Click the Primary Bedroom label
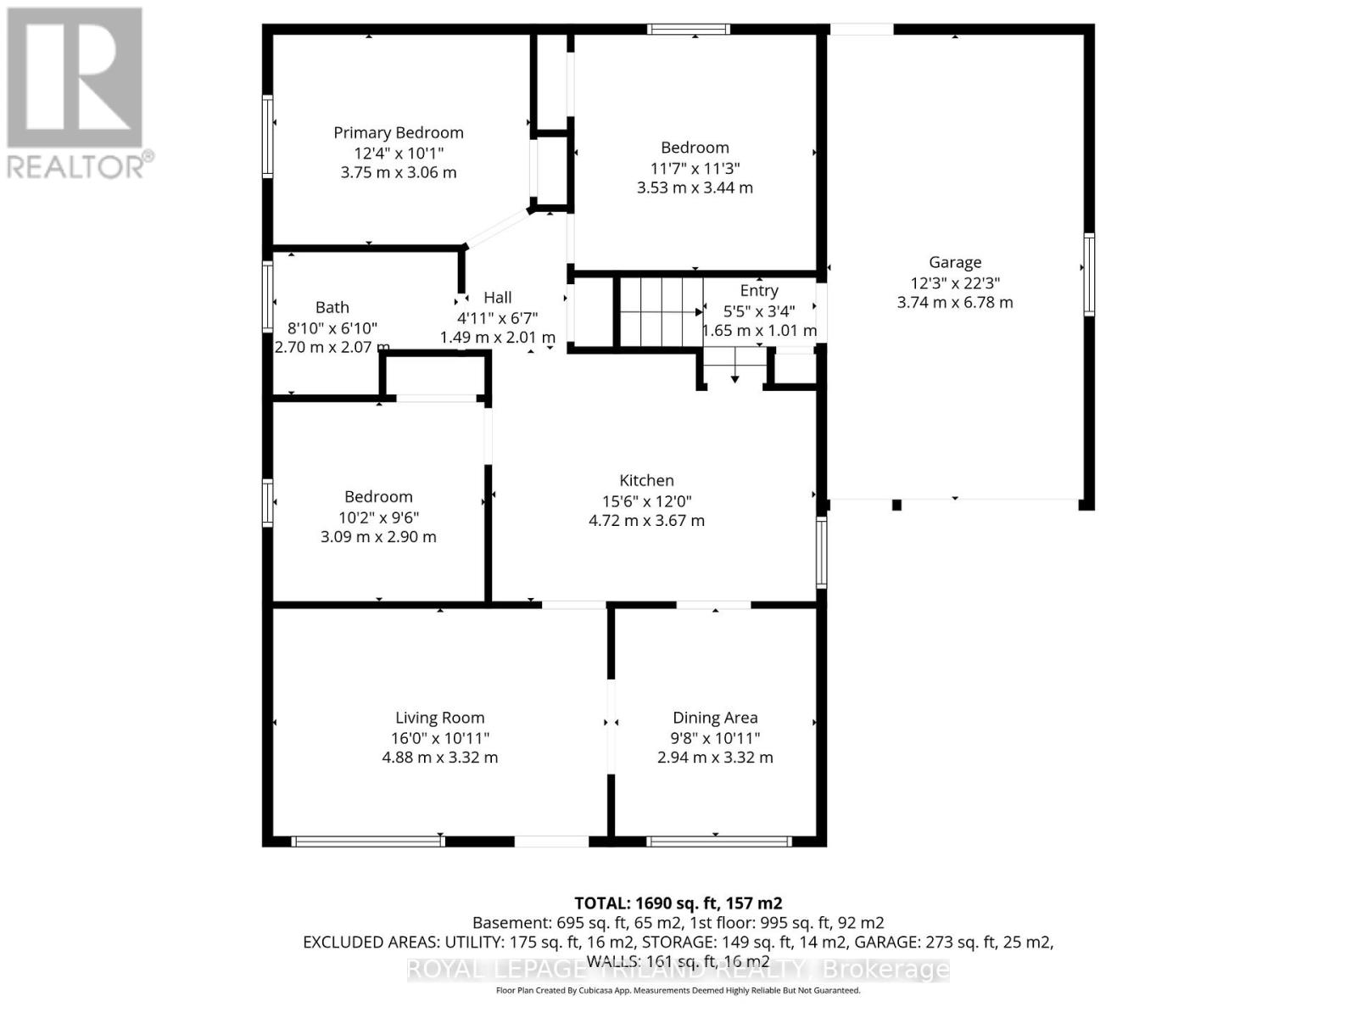pos(398,132)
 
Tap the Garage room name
pos(955,262)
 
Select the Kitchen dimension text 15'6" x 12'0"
pos(646,501)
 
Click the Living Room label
pos(439,718)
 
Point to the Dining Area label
pos(715,718)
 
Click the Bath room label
pos(332,307)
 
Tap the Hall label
pos(498,297)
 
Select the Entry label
pos(758,290)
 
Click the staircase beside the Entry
pos(660,312)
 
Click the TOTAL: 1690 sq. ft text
pos(678,903)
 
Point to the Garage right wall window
pos(1089,275)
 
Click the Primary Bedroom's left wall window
pos(267,136)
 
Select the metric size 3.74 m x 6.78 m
pos(955,302)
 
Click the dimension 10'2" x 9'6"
pos(378,517)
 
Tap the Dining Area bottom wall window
pos(718,842)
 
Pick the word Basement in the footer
pos(511,923)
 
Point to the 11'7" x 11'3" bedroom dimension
pos(695,168)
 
